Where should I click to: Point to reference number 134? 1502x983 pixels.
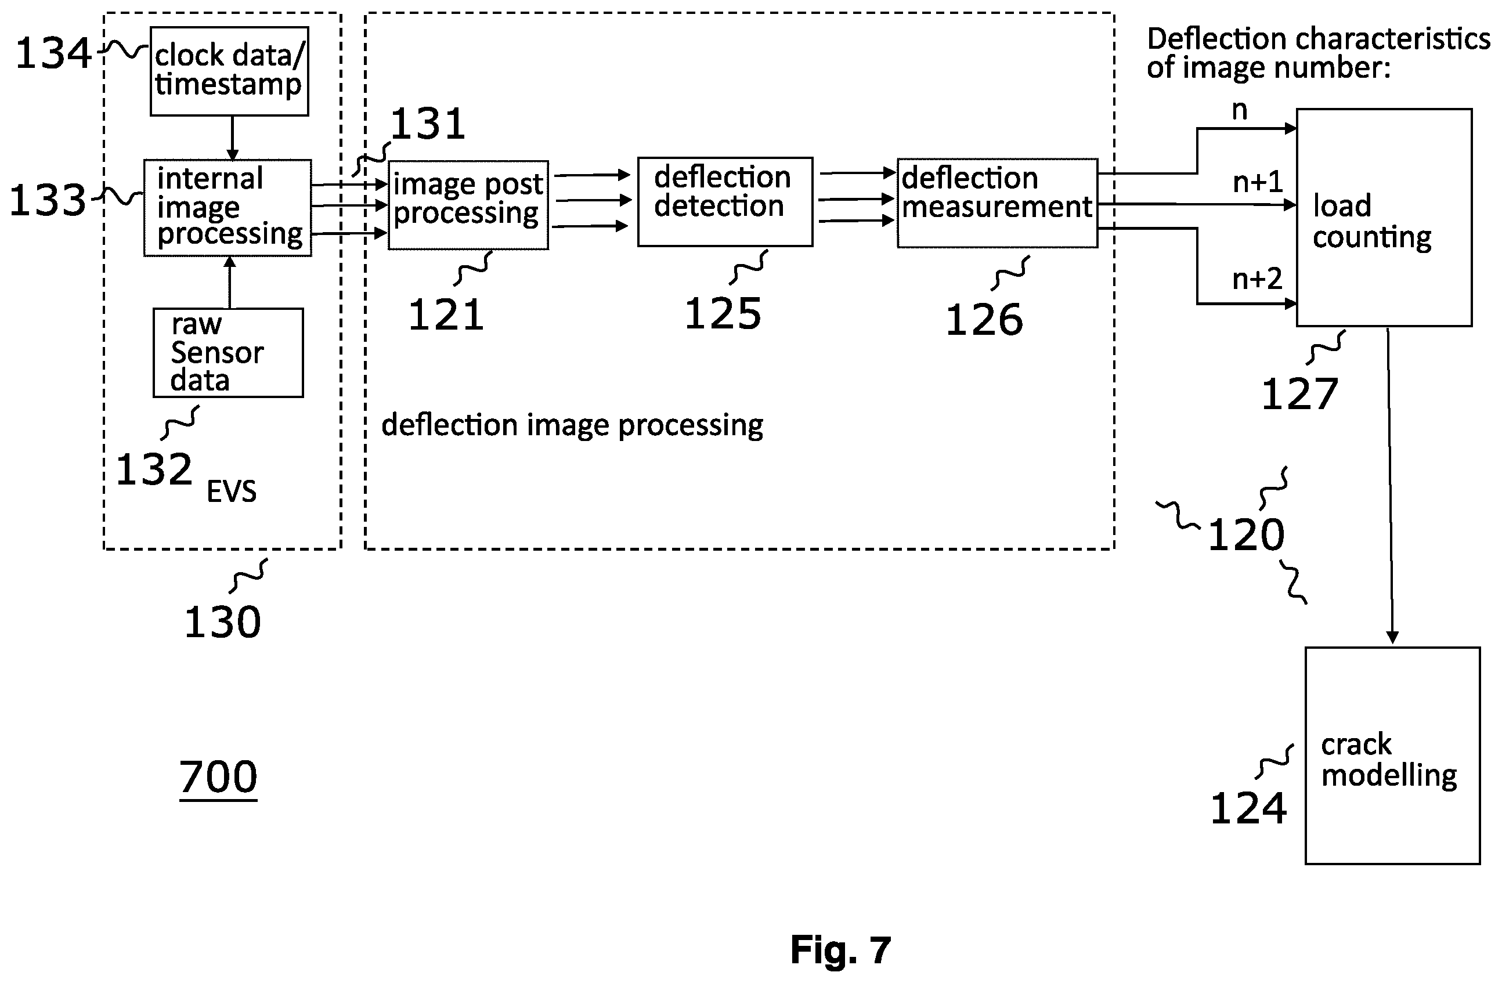click(x=53, y=53)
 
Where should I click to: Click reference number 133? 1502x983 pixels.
click(x=48, y=200)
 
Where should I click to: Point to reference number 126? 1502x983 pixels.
click(x=984, y=319)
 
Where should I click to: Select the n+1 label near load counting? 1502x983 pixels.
click(x=1258, y=182)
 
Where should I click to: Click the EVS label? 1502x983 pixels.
click(x=232, y=491)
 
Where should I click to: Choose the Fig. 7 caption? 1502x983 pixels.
click(x=840, y=949)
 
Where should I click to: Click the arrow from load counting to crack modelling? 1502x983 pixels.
click(x=1391, y=486)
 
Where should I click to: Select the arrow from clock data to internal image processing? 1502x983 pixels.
click(x=232, y=138)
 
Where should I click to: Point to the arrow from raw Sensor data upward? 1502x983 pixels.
click(x=230, y=282)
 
